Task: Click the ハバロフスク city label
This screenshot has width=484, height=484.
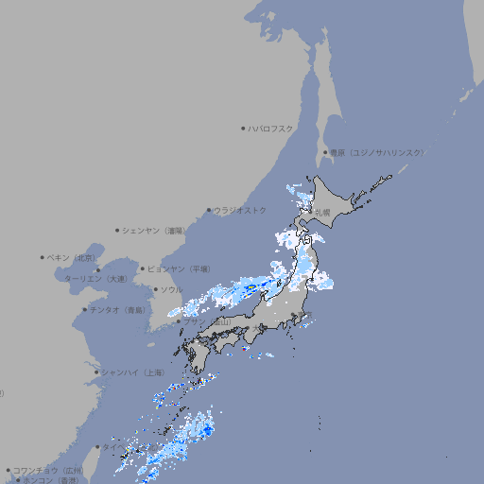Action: (x=271, y=128)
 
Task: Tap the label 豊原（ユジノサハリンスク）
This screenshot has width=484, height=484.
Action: (x=376, y=152)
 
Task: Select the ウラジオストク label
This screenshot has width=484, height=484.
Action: (x=240, y=210)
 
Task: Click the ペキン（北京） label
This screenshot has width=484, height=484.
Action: (x=72, y=257)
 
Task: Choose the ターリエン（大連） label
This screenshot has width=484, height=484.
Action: (x=95, y=279)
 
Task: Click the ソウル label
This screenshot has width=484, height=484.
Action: (x=171, y=289)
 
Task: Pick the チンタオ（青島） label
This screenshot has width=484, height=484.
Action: (x=117, y=309)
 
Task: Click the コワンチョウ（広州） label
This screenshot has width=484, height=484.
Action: (x=48, y=470)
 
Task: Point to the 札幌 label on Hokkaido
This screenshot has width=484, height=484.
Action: (x=323, y=213)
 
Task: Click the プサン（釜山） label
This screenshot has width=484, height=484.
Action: (x=207, y=321)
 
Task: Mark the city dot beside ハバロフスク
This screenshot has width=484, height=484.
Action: (x=243, y=128)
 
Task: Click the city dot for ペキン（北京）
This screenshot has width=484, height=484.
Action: (x=43, y=257)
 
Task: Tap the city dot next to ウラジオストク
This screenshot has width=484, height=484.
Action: (x=209, y=210)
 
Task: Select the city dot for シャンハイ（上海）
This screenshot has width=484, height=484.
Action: (x=96, y=372)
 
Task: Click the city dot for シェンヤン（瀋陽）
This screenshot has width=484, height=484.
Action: (x=117, y=230)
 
